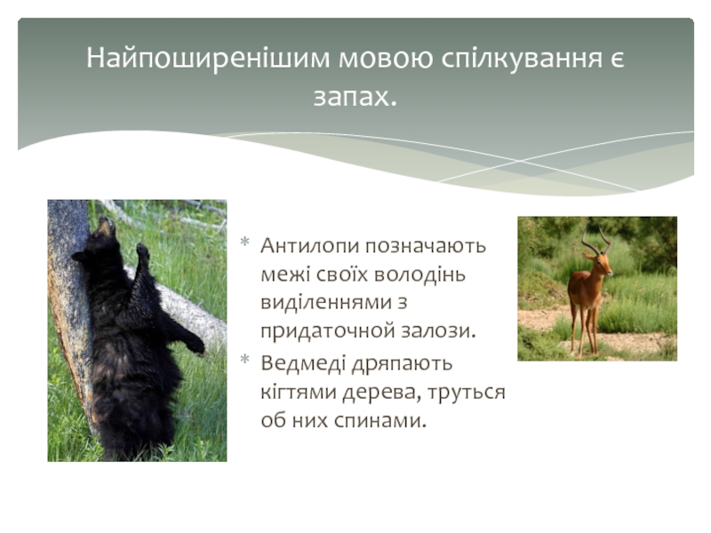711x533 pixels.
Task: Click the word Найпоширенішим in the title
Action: [208, 59]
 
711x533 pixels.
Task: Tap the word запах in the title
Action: [351, 97]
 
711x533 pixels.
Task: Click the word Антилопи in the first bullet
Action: [309, 246]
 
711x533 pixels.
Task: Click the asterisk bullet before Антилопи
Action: [245, 242]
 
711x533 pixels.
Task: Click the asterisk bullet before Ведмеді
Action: [245, 360]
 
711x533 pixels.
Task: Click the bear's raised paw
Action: [143, 251]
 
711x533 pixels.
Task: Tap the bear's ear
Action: [79, 257]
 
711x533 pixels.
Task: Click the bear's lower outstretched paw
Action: [195, 346]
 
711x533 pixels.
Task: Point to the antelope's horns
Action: [595, 239]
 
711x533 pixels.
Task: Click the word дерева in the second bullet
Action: [381, 393]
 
